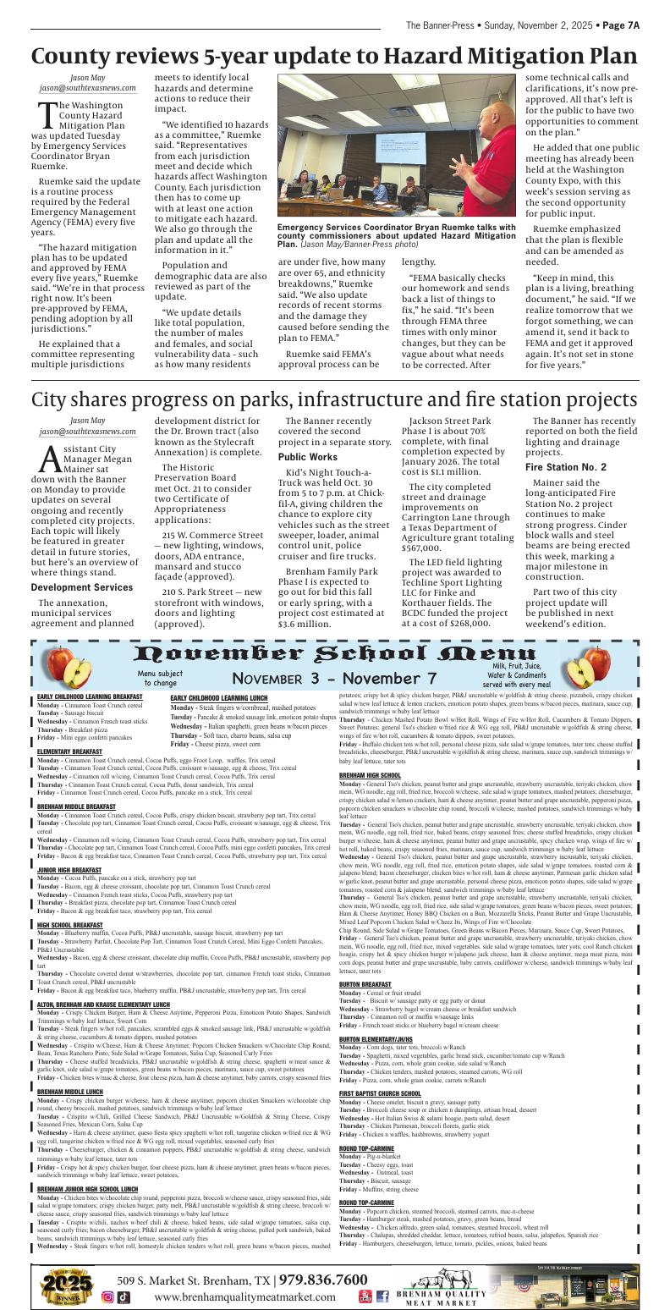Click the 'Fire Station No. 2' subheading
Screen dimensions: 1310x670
point(565,467)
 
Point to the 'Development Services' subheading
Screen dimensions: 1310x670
point(82,564)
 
